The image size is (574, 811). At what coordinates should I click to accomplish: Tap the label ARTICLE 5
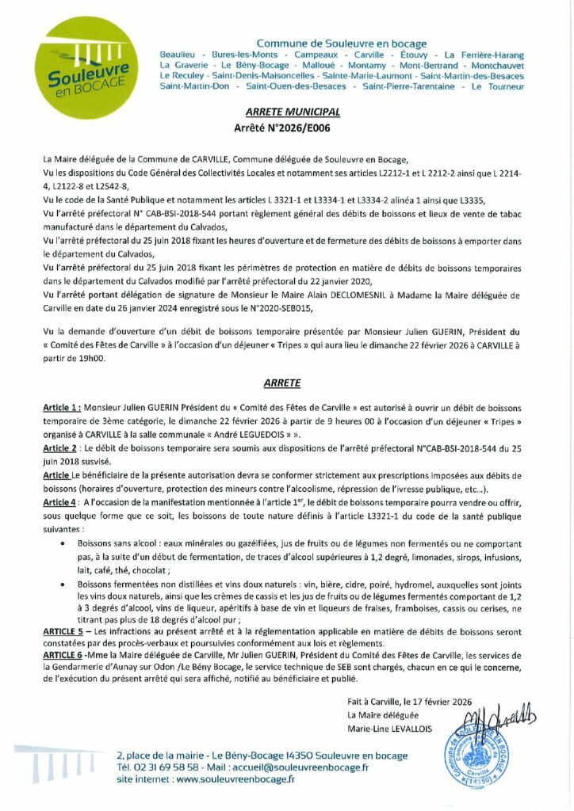[x=63, y=630]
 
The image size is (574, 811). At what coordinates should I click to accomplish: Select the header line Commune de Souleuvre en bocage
[x=342, y=44]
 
